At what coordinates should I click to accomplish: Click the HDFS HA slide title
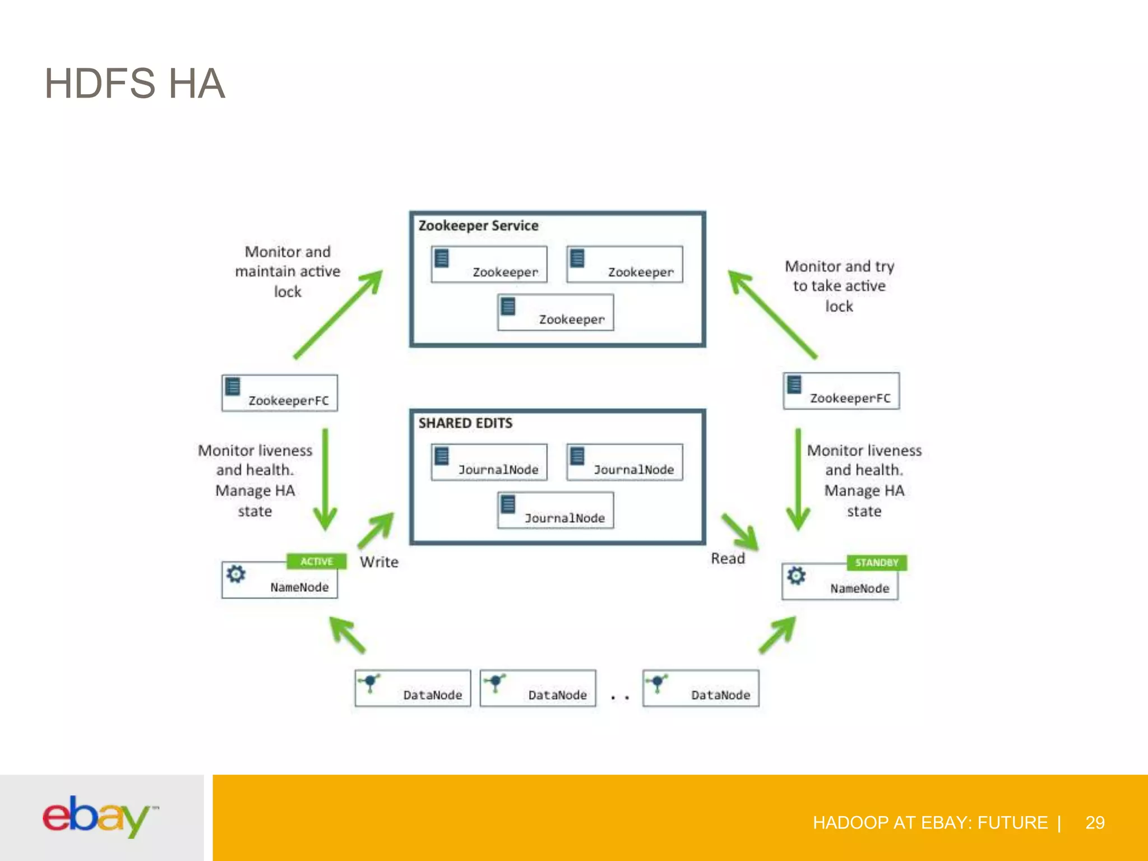point(135,84)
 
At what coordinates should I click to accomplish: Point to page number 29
point(1094,822)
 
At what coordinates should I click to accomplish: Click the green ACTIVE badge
point(316,561)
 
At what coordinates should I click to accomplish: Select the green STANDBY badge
point(876,562)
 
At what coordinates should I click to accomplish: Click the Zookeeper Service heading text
point(478,226)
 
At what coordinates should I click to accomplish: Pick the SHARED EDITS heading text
point(465,423)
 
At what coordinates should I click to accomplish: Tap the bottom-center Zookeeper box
point(556,313)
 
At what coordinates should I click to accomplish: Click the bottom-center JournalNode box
point(556,511)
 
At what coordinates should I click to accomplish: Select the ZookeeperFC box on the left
point(280,393)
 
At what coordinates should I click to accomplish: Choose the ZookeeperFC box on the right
point(841,391)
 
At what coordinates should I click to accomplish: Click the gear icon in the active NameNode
point(236,574)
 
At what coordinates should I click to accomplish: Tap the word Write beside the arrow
point(379,562)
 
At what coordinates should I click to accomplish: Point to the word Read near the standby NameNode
point(728,558)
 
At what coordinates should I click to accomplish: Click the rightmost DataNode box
point(701,688)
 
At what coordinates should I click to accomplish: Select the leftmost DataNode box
point(413,688)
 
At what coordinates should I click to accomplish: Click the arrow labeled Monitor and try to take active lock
point(772,314)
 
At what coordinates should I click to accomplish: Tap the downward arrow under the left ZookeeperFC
point(325,480)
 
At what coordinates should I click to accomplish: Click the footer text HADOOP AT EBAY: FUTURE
point(930,822)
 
